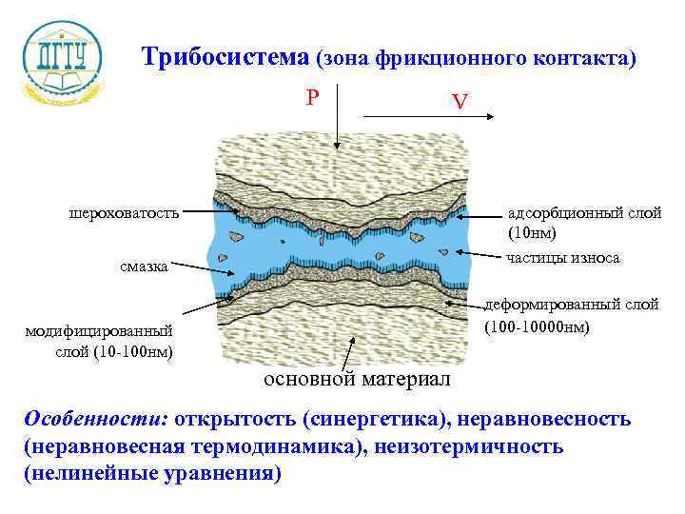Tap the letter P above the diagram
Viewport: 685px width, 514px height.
pos(313,97)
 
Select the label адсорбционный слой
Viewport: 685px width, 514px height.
pos(584,212)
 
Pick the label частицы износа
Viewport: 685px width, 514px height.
pos(563,258)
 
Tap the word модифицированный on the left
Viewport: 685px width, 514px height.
pos(99,331)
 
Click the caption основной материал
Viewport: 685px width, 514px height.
pos(356,380)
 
